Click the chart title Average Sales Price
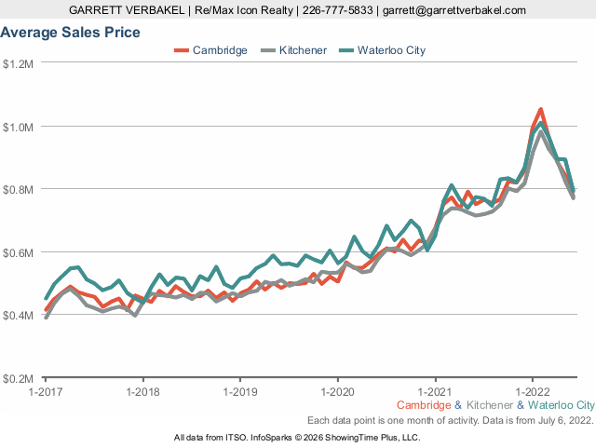[x=71, y=33]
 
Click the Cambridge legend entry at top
[x=220, y=50]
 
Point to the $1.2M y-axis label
[x=19, y=63]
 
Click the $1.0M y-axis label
[x=19, y=127]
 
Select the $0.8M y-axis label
[x=19, y=189]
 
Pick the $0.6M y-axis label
[x=19, y=252]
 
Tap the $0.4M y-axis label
[x=19, y=316]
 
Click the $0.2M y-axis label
[x=19, y=379]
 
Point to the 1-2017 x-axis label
[x=46, y=392]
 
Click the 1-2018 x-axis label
[x=142, y=392]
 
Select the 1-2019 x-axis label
[x=240, y=392]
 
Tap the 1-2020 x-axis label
[x=337, y=392]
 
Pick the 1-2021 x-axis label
[x=435, y=392]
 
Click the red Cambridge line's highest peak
[x=540, y=110]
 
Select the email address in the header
[x=455, y=9]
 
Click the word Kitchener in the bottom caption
[x=490, y=405]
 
